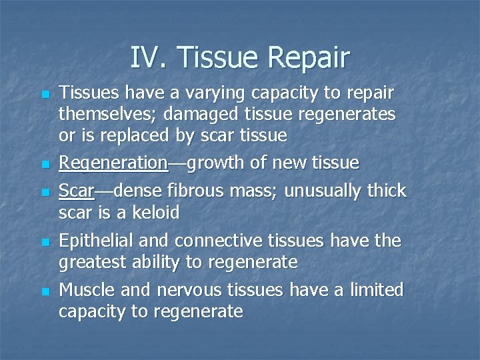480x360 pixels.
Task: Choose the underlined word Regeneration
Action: [x=113, y=163]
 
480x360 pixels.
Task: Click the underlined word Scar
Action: [x=76, y=191]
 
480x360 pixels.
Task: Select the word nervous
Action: [x=189, y=290]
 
